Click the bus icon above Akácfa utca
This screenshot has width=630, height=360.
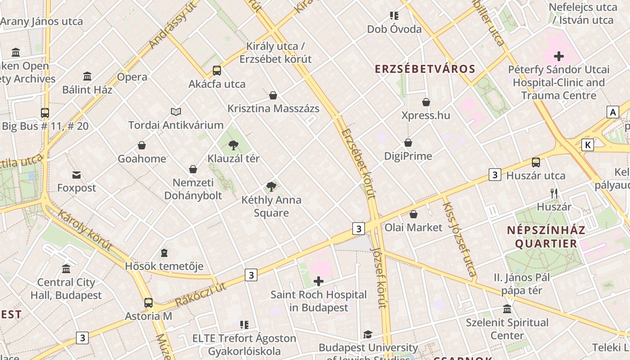(x=217, y=70)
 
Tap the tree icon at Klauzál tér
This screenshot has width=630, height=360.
(x=233, y=145)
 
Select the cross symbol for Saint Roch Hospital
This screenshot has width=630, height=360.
(x=319, y=282)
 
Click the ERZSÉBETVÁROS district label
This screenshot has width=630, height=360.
(x=425, y=69)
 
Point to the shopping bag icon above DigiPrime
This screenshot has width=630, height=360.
(x=408, y=143)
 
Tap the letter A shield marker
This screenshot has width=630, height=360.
(x=612, y=112)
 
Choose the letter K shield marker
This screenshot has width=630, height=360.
(x=587, y=145)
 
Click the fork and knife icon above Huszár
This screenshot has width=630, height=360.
(x=554, y=193)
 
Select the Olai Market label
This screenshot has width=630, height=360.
(x=413, y=227)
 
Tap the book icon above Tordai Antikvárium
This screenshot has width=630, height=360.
(x=176, y=112)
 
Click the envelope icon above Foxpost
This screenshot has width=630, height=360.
(x=76, y=175)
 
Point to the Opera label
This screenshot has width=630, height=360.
(x=132, y=77)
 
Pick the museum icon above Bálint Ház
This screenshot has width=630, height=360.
(x=87, y=76)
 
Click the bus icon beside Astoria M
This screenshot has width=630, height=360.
(x=148, y=303)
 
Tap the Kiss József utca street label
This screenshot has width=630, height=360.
(x=459, y=239)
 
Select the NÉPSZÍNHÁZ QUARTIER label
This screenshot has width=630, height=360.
(x=546, y=237)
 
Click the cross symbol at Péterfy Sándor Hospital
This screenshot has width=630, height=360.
(x=558, y=56)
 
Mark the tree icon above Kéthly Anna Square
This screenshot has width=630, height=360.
(x=271, y=186)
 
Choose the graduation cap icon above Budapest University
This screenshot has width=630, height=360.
(x=368, y=334)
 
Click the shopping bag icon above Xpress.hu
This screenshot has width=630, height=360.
(x=426, y=102)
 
